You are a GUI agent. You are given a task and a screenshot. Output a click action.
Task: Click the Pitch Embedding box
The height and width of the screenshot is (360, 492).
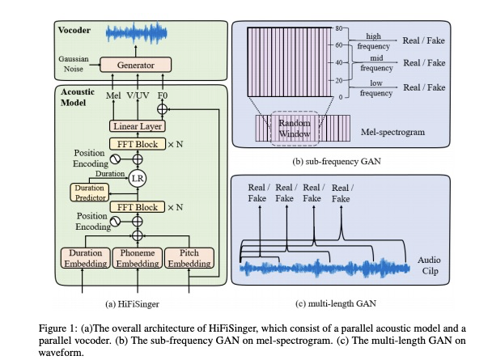[x=188, y=258]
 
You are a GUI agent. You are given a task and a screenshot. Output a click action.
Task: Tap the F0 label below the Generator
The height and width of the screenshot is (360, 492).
[x=162, y=93]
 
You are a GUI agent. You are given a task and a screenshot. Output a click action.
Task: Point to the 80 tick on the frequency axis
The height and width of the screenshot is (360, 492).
[x=340, y=28]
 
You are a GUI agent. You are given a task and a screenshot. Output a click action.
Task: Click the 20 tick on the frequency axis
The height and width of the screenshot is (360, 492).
[x=340, y=80]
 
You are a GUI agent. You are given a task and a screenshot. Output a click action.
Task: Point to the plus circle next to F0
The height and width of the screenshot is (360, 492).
[x=162, y=108]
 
